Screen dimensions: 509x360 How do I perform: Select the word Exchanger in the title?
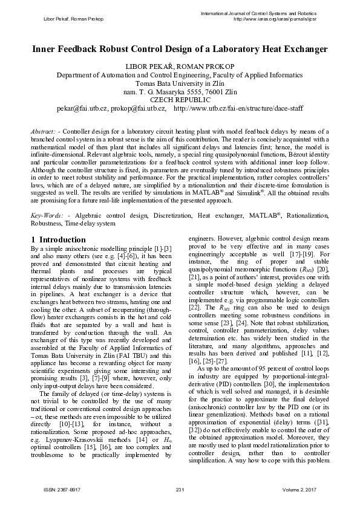point(301,49)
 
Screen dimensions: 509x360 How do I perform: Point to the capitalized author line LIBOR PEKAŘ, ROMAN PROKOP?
point(180,65)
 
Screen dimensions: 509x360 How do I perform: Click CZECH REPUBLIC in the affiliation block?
point(180,100)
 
